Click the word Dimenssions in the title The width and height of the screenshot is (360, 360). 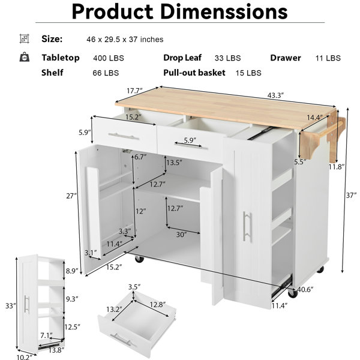pyautogui.click(x=224, y=11)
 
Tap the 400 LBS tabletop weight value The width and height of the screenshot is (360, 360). pyautogui.click(x=109, y=58)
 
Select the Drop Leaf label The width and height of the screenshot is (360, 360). pyautogui.click(x=182, y=58)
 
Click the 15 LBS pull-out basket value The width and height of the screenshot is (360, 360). pyautogui.click(x=248, y=73)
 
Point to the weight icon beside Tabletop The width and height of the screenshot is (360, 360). pyautogui.click(x=25, y=57)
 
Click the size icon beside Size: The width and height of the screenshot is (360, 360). pyautogui.click(x=25, y=38)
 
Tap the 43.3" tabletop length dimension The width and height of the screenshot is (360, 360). pyautogui.click(x=275, y=95)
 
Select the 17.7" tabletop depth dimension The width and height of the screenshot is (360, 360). pyautogui.click(x=135, y=91)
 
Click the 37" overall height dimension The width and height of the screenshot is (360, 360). pyautogui.click(x=351, y=196)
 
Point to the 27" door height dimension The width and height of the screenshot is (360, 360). pyautogui.click(x=71, y=196)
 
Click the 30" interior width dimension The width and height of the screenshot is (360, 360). pyautogui.click(x=181, y=235)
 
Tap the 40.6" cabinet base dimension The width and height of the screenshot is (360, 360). pyautogui.click(x=305, y=290)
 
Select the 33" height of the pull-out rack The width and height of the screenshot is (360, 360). pyautogui.click(x=11, y=306)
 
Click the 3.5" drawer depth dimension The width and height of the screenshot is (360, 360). pyautogui.click(x=134, y=287)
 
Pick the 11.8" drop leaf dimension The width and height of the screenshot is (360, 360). pyautogui.click(x=337, y=167)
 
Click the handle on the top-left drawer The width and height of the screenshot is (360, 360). pyautogui.click(x=124, y=136)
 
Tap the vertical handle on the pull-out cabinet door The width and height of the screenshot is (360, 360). pyautogui.click(x=247, y=226)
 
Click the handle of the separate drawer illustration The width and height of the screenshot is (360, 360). pyautogui.click(x=121, y=341)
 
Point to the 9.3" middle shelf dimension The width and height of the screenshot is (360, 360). pyautogui.click(x=72, y=299)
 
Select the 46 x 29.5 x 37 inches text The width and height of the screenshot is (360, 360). pyautogui.click(x=125, y=40)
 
